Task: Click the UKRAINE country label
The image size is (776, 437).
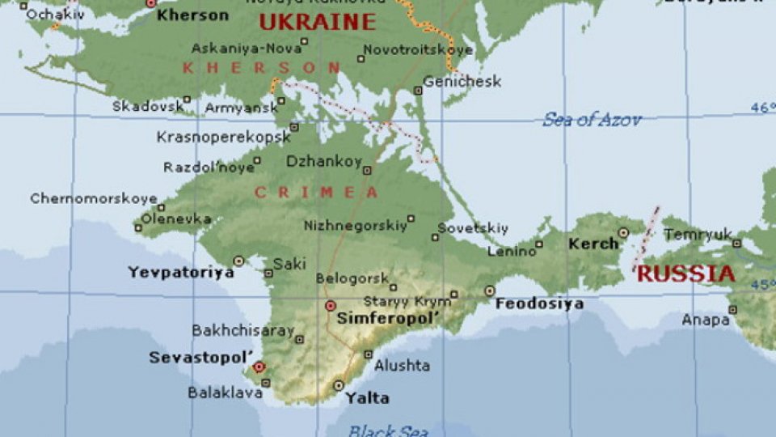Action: coord(317,22)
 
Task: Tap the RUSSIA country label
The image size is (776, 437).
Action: coord(685,274)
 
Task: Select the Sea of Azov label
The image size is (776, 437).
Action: coord(592,120)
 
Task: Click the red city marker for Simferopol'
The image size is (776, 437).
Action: coord(330,305)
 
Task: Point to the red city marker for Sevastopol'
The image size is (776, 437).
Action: coord(259,367)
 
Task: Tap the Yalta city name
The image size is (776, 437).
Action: coord(366,398)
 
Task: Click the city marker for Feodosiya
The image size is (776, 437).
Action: coord(490,291)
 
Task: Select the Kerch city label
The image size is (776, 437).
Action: coord(593,244)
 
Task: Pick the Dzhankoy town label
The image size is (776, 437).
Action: coord(323,162)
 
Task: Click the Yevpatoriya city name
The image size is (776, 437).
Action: coord(181,273)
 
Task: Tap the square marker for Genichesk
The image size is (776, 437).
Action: coord(418,91)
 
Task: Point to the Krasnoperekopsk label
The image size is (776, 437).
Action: coord(223,137)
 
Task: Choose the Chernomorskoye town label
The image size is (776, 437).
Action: coord(94,198)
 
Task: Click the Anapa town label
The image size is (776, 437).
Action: coord(705,320)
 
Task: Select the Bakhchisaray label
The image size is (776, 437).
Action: coord(242,331)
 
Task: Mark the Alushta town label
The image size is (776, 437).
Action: coord(402,366)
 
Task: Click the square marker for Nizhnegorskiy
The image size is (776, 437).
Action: coord(411,218)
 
